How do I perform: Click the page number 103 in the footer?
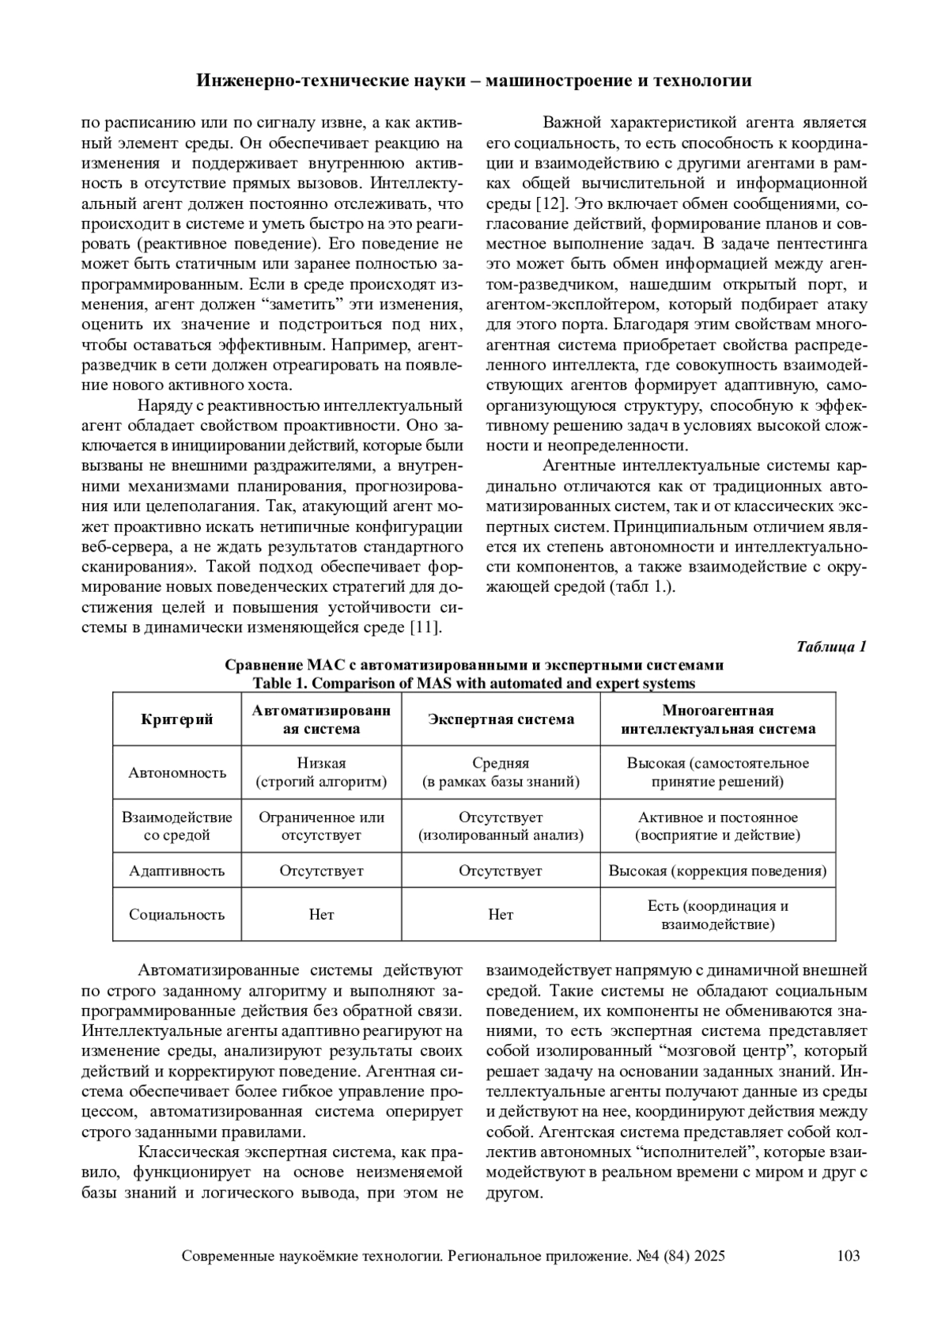848,1255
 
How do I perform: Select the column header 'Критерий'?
177,719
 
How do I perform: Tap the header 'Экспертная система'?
501,719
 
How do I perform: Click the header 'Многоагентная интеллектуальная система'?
717,719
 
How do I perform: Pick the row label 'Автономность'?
177,772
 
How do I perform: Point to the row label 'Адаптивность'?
177,871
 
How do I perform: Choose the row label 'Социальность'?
177,914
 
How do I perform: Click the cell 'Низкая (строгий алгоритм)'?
321,772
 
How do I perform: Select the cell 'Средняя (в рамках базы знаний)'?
501,772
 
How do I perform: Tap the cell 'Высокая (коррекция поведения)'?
717,871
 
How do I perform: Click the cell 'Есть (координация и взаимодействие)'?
717,915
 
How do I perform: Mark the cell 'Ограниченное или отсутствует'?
321,825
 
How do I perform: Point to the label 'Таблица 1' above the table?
831,647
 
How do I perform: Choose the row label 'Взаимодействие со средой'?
177,825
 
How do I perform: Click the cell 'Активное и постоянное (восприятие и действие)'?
717,825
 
